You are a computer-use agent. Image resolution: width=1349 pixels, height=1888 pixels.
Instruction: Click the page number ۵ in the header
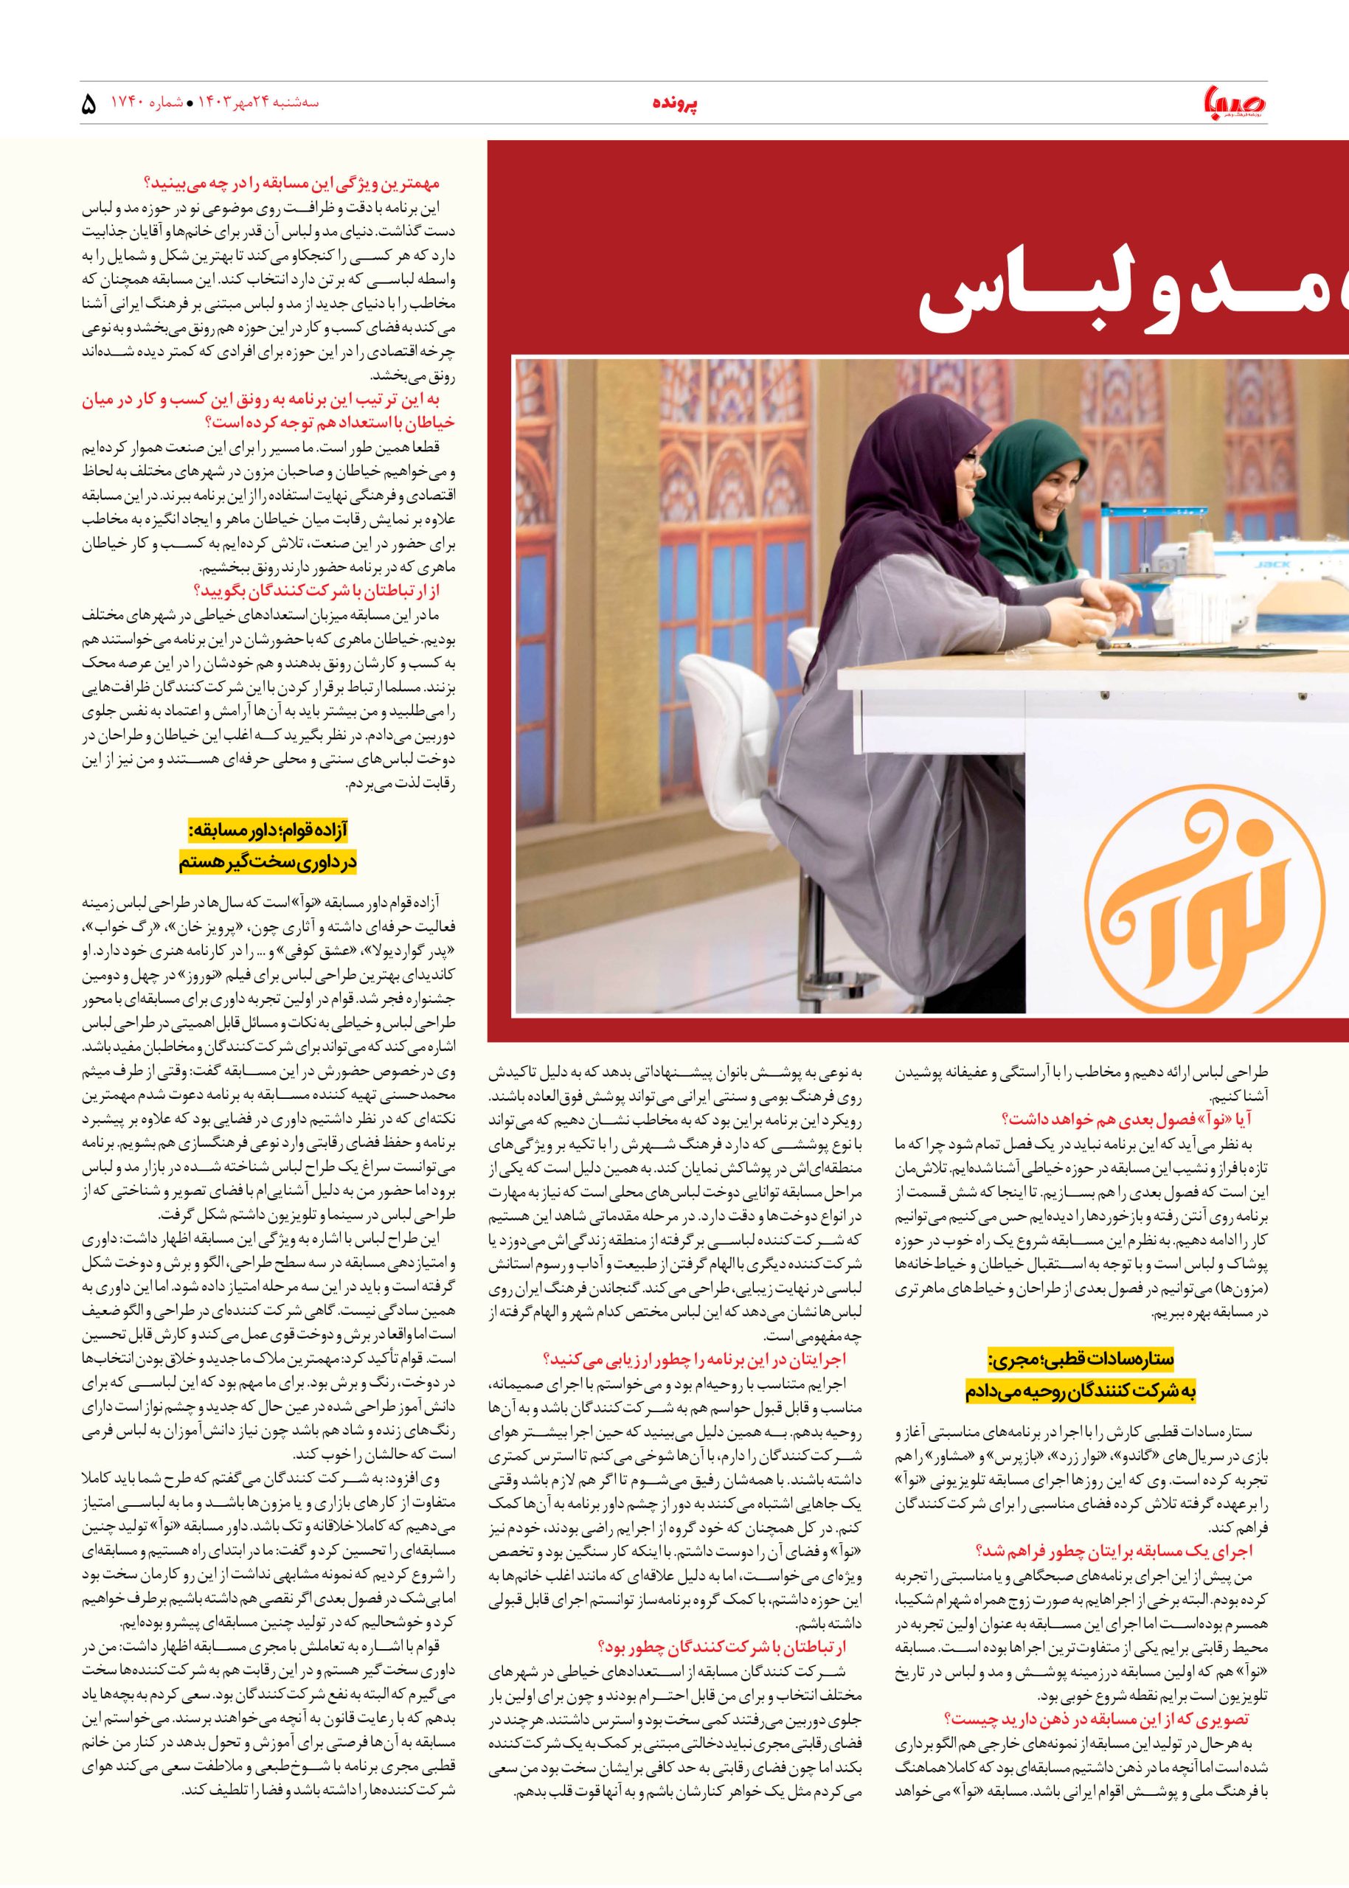tap(90, 105)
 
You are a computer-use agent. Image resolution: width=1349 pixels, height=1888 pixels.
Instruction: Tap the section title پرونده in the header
tap(673, 105)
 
